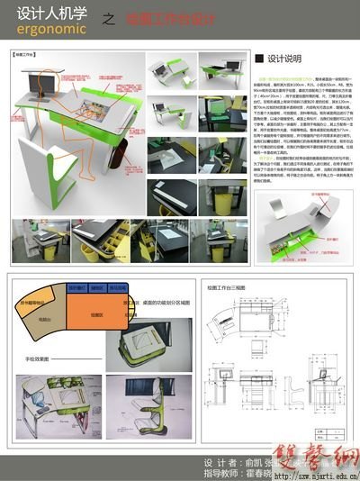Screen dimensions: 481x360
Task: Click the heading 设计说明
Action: click(x=288, y=59)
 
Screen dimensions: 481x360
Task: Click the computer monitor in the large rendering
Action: click(x=36, y=91)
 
